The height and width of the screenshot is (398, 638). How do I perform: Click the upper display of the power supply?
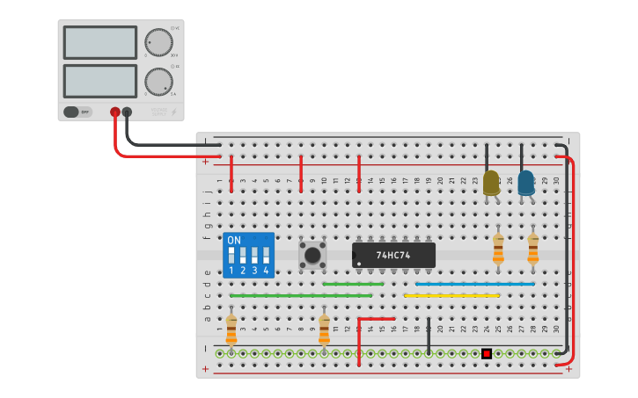click(x=100, y=42)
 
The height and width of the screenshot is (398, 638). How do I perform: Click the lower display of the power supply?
click(x=100, y=81)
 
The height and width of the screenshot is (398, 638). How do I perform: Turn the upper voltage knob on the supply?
click(x=158, y=42)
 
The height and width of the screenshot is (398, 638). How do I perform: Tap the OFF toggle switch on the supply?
click(x=77, y=112)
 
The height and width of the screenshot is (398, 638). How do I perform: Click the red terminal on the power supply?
click(x=115, y=112)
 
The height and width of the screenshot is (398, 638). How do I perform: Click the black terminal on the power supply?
click(x=128, y=112)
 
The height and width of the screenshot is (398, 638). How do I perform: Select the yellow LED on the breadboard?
click(x=491, y=182)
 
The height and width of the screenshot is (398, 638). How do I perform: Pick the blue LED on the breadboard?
click(x=525, y=182)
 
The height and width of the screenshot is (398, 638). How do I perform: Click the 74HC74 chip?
click(x=393, y=255)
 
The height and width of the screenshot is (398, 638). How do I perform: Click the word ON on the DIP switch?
click(x=234, y=240)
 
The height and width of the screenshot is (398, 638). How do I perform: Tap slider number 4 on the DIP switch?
click(x=265, y=256)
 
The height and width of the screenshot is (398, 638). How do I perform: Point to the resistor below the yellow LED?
click(x=498, y=249)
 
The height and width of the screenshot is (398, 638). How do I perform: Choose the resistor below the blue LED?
click(x=532, y=249)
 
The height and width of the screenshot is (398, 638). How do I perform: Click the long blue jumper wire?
click(x=475, y=284)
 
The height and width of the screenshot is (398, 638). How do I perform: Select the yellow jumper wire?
click(x=451, y=296)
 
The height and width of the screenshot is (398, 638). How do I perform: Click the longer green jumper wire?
click(x=300, y=296)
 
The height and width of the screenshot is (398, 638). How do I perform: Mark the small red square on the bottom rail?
click(x=487, y=353)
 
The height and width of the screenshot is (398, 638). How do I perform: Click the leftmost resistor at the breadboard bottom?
click(x=231, y=330)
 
